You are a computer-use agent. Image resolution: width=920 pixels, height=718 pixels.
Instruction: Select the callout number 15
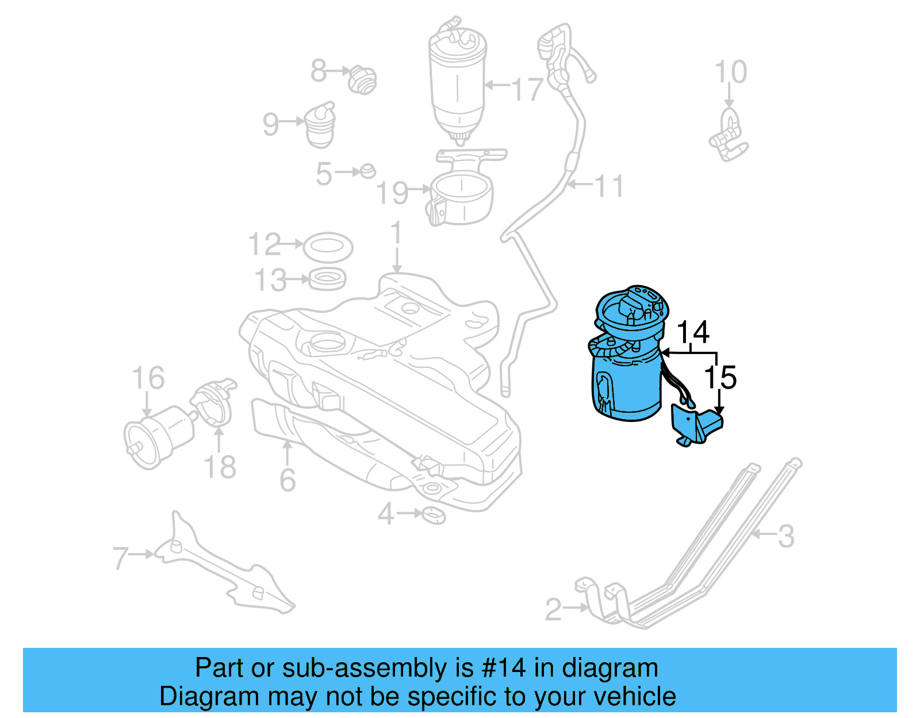pyautogui.click(x=720, y=378)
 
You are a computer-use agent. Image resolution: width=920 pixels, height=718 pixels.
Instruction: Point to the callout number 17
pyautogui.click(x=527, y=90)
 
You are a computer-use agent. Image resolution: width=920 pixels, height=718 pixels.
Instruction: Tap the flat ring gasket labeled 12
pyautogui.click(x=327, y=246)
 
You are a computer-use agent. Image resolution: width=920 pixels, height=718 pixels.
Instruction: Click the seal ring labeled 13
pyautogui.click(x=328, y=280)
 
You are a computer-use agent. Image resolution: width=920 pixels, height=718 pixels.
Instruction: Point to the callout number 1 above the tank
pyautogui.click(x=396, y=234)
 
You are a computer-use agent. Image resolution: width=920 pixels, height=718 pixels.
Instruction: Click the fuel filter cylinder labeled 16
pyautogui.click(x=158, y=434)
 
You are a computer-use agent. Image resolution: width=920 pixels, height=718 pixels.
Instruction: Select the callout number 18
pyautogui.click(x=220, y=467)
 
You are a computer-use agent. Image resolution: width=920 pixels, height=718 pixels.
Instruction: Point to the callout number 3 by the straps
pyautogui.click(x=785, y=536)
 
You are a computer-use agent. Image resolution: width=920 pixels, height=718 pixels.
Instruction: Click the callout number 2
pyautogui.click(x=553, y=609)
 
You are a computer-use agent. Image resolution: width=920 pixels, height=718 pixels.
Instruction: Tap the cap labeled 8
pyautogui.click(x=362, y=80)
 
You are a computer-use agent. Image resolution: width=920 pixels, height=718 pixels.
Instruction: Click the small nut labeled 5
pyautogui.click(x=367, y=171)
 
